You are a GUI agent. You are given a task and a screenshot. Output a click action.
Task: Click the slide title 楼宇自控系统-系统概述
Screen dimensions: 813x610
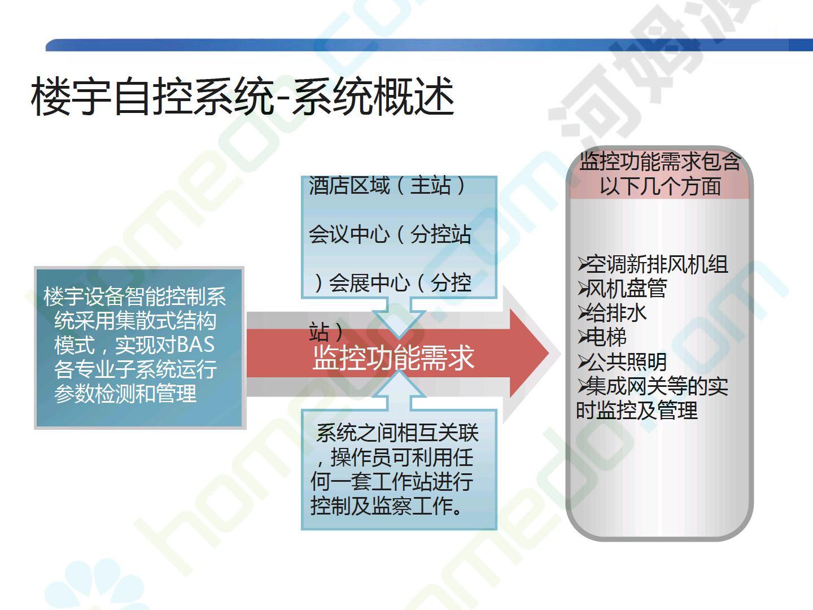coord(243,96)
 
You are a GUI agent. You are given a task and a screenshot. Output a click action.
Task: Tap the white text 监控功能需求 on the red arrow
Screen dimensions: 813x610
coord(394,358)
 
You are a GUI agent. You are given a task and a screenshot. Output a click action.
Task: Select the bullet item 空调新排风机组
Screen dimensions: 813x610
coord(657,264)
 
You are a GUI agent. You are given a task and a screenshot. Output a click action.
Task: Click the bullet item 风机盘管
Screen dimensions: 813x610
coord(627,289)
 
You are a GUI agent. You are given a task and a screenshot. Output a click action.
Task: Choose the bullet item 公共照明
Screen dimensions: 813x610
coord(627,362)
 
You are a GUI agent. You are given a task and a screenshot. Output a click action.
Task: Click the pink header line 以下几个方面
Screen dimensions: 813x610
coord(661,186)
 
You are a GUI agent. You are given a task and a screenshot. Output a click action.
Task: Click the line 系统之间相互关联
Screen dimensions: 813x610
coord(397,433)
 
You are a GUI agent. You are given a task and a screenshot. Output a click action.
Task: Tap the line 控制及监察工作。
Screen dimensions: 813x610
coord(387,506)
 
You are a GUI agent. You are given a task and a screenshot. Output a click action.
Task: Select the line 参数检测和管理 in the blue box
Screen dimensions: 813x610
coord(125,393)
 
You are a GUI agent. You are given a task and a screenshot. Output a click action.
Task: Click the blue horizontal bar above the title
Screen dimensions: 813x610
coord(429,45)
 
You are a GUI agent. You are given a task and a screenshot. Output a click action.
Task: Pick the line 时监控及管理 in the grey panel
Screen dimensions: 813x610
coord(637,411)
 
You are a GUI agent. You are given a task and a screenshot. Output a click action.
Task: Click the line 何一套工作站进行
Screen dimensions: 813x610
coord(392,481)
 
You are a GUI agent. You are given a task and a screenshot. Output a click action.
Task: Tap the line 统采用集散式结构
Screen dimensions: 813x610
coord(135,320)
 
